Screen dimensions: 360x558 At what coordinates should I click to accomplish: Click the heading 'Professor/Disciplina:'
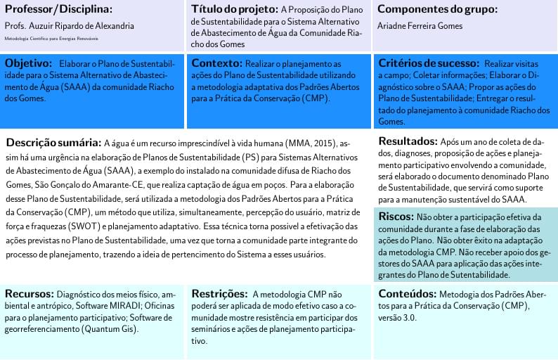click(58, 10)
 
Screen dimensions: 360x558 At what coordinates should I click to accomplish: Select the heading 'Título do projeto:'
click(234, 10)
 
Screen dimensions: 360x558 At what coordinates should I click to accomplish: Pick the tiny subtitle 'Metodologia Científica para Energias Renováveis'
click(51, 39)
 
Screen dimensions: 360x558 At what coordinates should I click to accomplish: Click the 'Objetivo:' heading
click(30, 63)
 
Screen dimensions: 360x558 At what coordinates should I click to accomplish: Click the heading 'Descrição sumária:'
click(53, 141)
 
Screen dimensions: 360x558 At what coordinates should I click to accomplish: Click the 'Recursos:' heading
click(30, 294)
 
